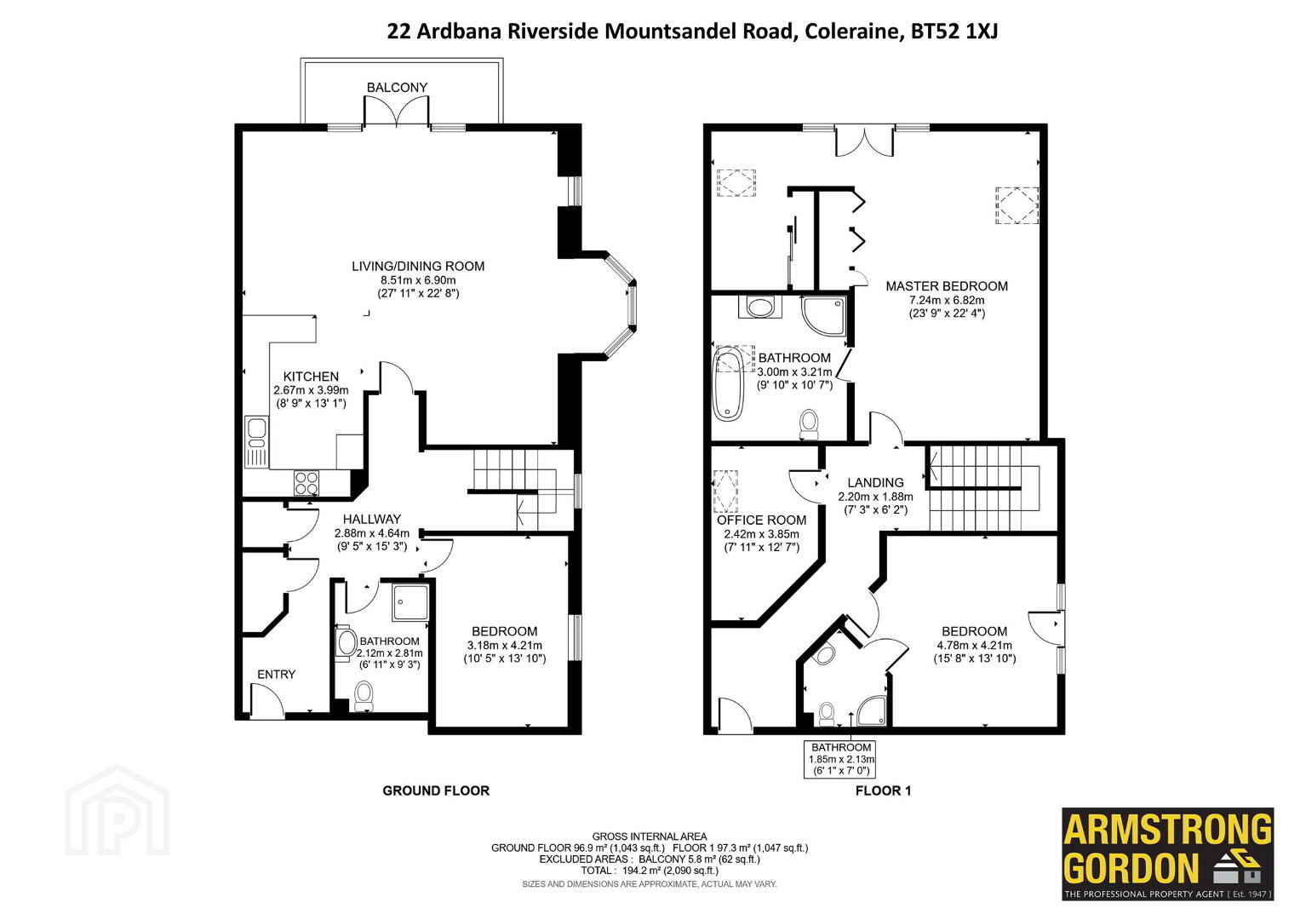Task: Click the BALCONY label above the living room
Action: pyautogui.click(x=397, y=87)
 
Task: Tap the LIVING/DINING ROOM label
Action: pyautogui.click(x=418, y=266)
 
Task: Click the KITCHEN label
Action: pyautogui.click(x=311, y=377)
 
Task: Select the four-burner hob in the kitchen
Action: pyautogui.click(x=306, y=482)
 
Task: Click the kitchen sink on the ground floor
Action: pyautogui.click(x=256, y=442)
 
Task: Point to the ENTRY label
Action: pyautogui.click(x=276, y=675)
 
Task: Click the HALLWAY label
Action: pyautogui.click(x=372, y=520)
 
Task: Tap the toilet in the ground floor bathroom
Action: pyautogui.click(x=364, y=695)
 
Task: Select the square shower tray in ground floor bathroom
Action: pyautogui.click(x=411, y=602)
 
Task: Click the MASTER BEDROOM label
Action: pyautogui.click(x=947, y=285)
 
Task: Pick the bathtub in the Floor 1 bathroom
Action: pyautogui.click(x=728, y=383)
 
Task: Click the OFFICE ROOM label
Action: pyautogui.click(x=761, y=520)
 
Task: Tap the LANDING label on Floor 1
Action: pyautogui.click(x=875, y=483)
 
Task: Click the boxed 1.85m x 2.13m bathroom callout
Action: pyautogui.click(x=839, y=759)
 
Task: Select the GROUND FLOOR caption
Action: pyautogui.click(x=436, y=791)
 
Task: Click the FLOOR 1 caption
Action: pyautogui.click(x=884, y=791)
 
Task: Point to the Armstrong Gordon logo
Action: pyautogui.click(x=1168, y=854)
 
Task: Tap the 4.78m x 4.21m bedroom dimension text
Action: pyautogui.click(x=975, y=646)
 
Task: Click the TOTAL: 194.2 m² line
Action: pyautogui.click(x=650, y=871)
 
